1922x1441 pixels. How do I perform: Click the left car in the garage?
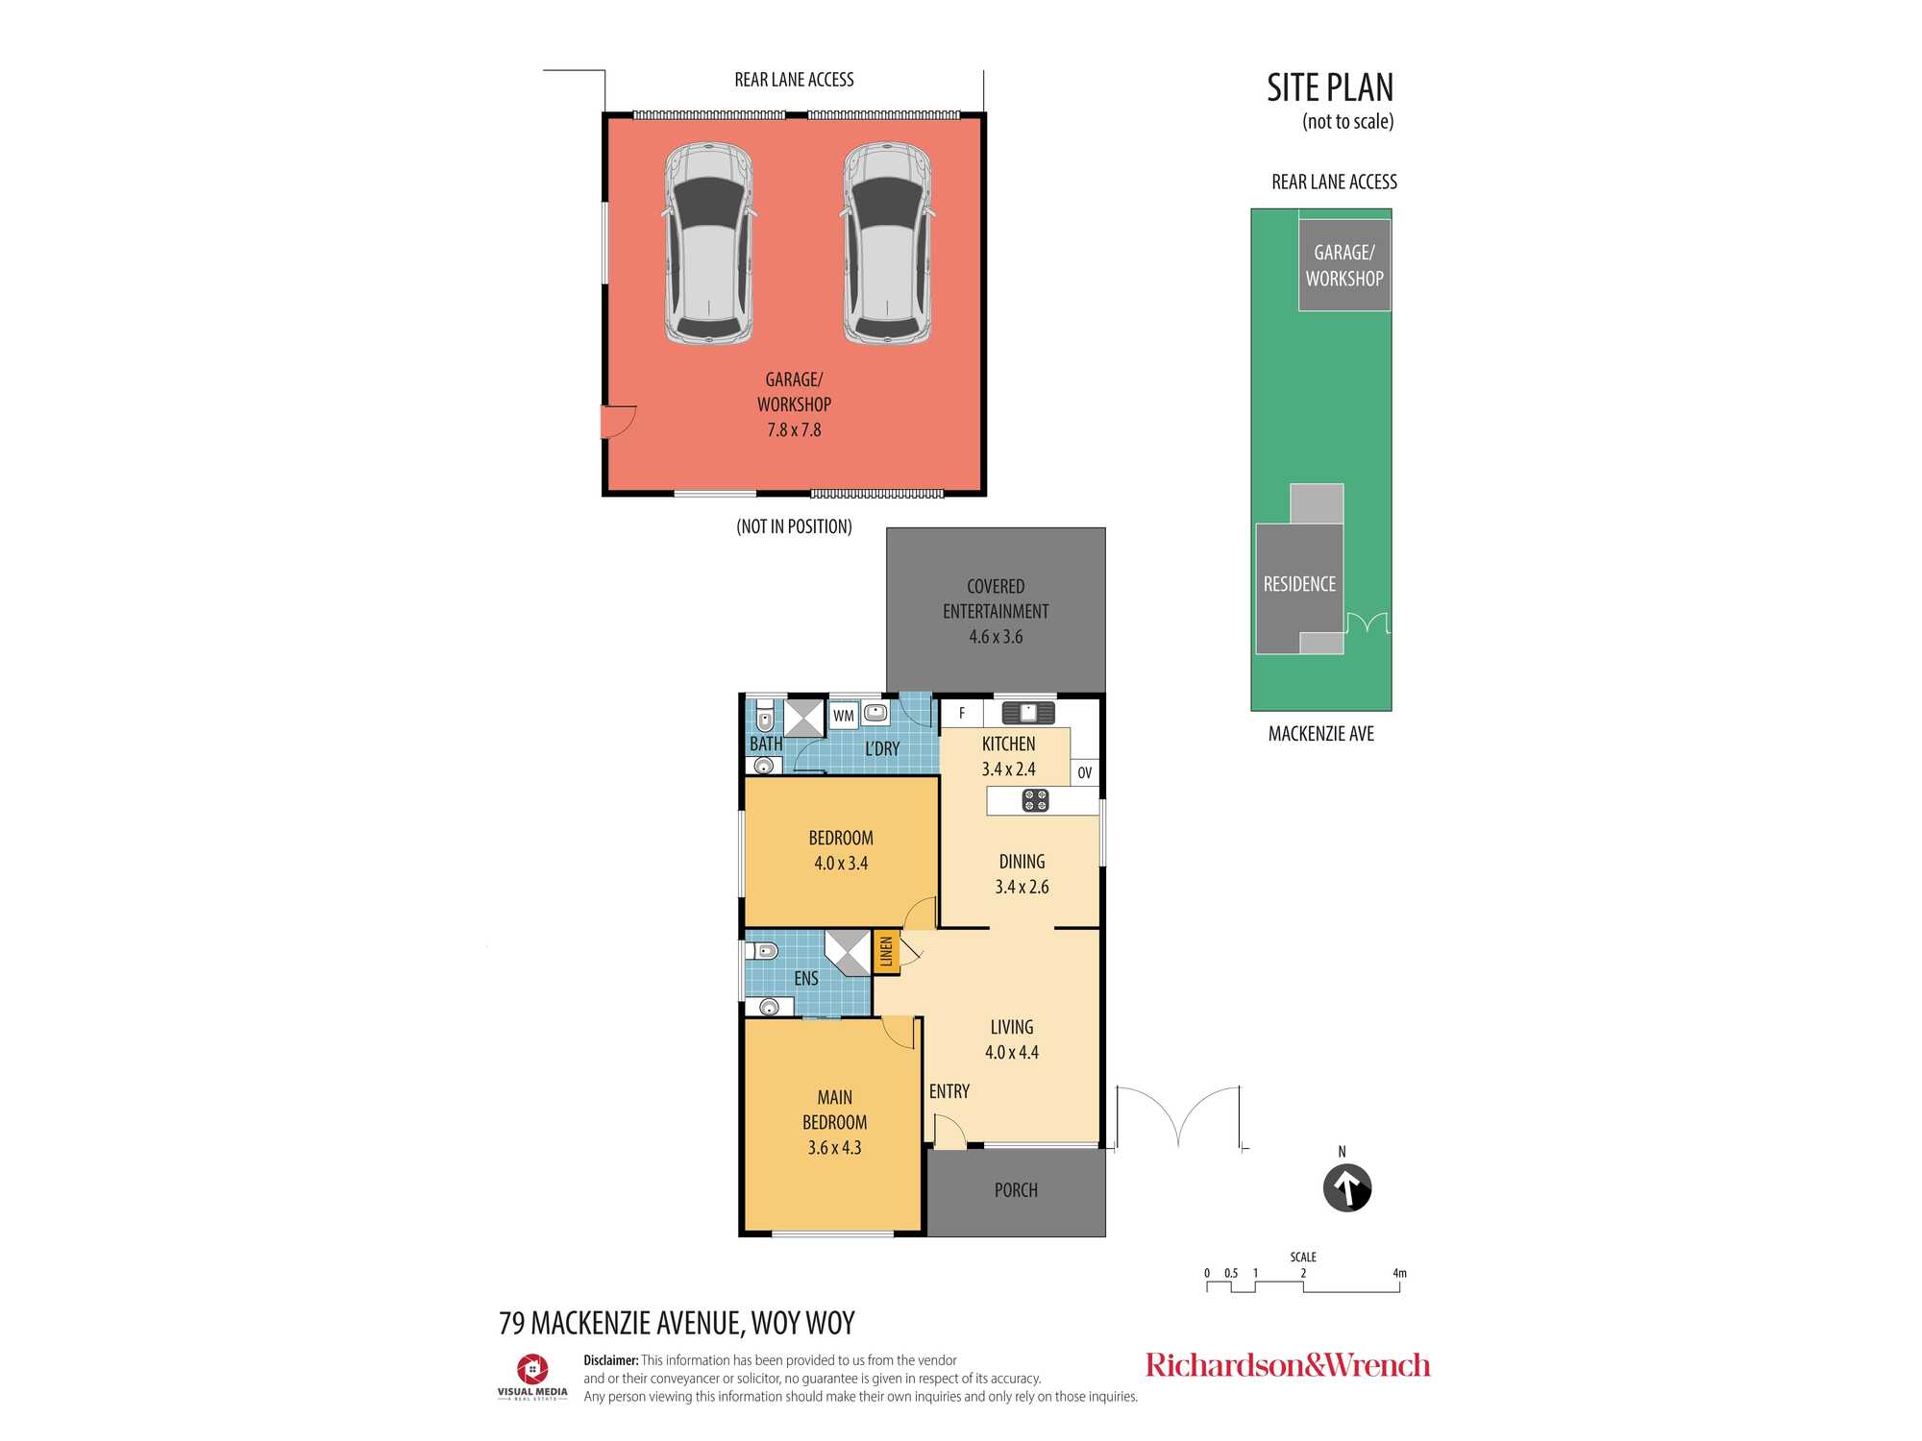(x=708, y=244)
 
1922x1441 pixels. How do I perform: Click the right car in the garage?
(x=887, y=244)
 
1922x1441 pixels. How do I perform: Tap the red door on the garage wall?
(x=616, y=421)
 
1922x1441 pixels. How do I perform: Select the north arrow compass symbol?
(x=1346, y=1188)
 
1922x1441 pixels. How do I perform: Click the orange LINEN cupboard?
(x=886, y=952)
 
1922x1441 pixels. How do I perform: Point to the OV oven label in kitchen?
(x=1084, y=772)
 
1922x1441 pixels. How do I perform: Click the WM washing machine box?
(x=844, y=716)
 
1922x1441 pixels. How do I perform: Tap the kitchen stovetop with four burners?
(x=1035, y=800)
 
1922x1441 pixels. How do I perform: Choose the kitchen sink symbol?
(x=1028, y=713)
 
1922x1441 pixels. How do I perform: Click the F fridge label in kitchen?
(x=961, y=713)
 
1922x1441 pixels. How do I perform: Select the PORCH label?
(x=1016, y=1190)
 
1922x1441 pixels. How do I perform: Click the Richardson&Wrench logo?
(x=1287, y=1365)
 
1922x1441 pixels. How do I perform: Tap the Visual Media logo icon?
(x=532, y=1369)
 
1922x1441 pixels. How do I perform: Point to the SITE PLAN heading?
(x=1329, y=88)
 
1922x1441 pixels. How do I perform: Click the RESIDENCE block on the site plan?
(x=1299, y=584)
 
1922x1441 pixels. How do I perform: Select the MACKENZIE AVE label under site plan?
(x=1320, y=734)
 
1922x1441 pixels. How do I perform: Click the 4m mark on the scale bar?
(x=1399, y=1274)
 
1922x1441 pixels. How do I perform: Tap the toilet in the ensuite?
(x=765, y=952)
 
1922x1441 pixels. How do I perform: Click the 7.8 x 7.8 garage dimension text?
(x=794, y=430)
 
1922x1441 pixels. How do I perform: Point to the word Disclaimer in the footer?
(x=610, y=1360)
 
